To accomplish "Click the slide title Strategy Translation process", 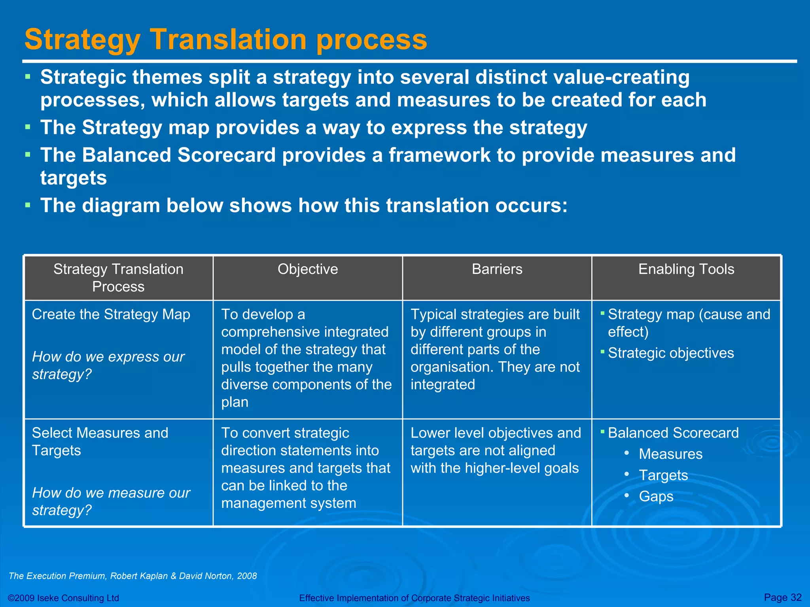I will (225, 40).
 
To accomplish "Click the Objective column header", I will (308, 269).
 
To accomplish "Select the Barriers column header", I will (497, 269).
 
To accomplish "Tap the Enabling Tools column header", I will (686, 269).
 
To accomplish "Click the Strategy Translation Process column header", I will (118, 277).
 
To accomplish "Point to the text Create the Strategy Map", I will (111, 315).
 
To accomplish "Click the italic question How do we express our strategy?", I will (108, 365).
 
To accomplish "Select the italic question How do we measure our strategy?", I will (111, 501).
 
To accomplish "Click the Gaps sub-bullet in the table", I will (656, 496).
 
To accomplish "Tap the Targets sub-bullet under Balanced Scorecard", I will (663, 475).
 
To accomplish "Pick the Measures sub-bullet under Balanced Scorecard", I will (670, 454).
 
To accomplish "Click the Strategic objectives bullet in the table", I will (670, 353).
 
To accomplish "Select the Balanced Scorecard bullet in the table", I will (673, 433).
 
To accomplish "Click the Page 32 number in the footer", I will (782, 597).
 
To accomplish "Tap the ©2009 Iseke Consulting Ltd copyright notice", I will (63, 598).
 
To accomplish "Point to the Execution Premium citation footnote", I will (132, 576).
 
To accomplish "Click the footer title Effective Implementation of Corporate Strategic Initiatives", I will (414, 598).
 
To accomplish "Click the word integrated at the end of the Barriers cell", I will (443, 385).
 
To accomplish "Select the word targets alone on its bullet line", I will (74, 178).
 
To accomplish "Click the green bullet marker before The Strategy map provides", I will (28, 127).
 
